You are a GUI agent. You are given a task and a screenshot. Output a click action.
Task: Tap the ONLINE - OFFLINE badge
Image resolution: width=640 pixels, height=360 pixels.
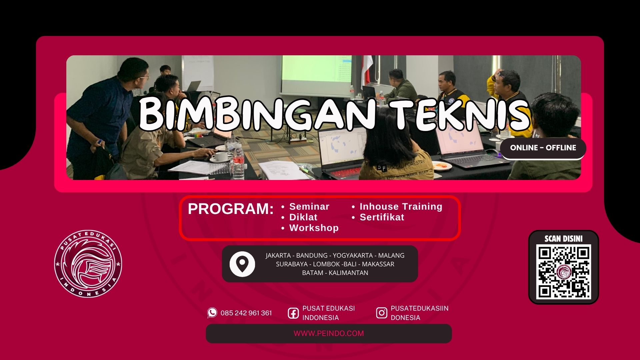click(543, 148)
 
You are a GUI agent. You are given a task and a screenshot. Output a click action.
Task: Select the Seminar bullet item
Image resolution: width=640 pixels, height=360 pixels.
click(309, 207)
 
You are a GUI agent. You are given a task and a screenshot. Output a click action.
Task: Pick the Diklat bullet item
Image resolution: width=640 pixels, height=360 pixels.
click(303, 217)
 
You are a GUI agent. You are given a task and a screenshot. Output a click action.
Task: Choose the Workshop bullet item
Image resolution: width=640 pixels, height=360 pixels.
click(314, 228)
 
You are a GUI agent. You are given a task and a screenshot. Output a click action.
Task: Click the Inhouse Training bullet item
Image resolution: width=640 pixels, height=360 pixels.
click(401, 207)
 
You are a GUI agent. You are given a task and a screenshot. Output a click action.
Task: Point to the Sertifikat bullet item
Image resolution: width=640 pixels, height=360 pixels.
click(382, 217)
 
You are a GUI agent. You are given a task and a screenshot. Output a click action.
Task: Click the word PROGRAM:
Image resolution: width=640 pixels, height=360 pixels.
click(231, 209)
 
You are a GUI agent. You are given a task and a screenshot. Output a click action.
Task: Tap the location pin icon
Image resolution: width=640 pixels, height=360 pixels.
click(242, 264)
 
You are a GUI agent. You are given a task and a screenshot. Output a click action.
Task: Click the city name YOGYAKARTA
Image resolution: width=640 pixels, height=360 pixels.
click(353, 255)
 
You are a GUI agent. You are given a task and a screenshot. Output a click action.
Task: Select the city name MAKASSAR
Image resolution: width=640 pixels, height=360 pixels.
click(378, 264)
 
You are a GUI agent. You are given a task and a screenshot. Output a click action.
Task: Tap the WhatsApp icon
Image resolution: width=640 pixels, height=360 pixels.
click(212, 313)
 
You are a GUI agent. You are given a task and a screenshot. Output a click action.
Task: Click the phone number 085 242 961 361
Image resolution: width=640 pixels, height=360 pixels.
click(246, 313)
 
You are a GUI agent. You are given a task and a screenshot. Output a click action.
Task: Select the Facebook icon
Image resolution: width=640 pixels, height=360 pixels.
click(293, 313)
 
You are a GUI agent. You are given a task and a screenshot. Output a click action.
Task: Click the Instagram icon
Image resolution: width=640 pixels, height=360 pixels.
click(382, 313)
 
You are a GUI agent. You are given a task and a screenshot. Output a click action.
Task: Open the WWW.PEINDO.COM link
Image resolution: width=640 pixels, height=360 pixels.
click(329, 333)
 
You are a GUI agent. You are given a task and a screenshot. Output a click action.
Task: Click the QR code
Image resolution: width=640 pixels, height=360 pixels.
click(564, 272)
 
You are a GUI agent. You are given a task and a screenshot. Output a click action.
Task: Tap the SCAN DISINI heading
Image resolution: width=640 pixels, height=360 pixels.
click(564, 239)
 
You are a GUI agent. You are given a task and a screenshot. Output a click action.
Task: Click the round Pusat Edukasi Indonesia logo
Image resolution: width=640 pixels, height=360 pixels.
click(88, 263)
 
